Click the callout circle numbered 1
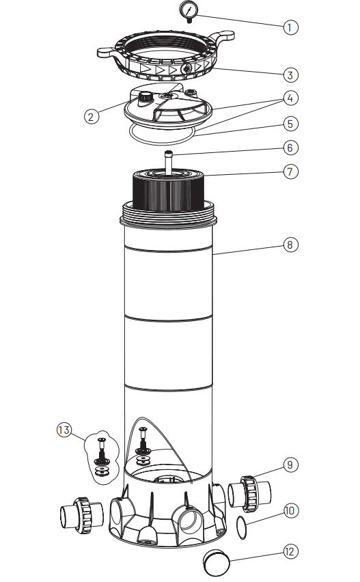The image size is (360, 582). pos(290,27)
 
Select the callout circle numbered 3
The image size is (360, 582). pos(290,75)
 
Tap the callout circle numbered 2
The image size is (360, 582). pos(92,117)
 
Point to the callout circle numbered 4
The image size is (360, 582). pos(290,98)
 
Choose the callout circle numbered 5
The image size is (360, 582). pos(290,124)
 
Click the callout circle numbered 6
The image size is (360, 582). pos(290,148)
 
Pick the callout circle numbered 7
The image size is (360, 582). pos(290,172)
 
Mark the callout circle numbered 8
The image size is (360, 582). pos(290,245)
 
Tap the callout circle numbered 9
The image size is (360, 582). pos(290,465)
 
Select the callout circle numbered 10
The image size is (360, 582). pos(290,511)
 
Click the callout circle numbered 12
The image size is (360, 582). pos(290,551)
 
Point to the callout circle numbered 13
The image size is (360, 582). pos(64,430)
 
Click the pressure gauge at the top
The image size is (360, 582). pos(189,10)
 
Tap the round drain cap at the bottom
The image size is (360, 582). pos(217,563)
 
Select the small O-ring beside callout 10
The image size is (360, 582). pos(241,527)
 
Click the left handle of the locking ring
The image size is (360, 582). pos(109,53)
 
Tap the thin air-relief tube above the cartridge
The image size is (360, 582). pos(169,162)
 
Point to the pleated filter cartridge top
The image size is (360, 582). pos(169,191)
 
